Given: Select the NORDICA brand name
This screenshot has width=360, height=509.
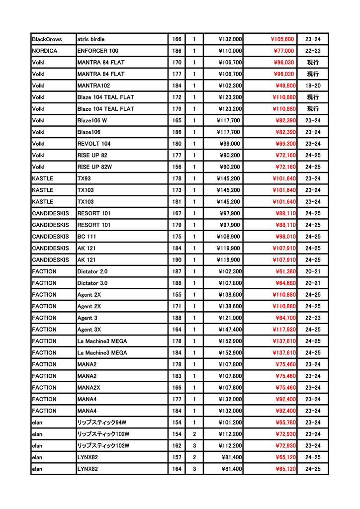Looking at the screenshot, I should [44, 51].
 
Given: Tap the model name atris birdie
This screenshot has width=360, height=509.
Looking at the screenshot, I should [91, 39].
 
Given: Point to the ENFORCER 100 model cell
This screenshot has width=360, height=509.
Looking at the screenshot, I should [98, 51].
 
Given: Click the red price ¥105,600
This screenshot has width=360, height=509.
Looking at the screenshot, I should [282, 39].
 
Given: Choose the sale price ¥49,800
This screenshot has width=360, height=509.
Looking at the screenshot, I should [285, 85].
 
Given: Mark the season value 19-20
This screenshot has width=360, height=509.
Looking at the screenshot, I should [313, 85].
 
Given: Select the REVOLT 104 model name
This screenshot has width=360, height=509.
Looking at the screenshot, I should [94, 144].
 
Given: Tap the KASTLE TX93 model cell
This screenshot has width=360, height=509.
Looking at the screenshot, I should [84, 178].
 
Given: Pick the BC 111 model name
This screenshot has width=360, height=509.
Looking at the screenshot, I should [87, 237].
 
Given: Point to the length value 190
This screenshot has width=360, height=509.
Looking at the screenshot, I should [177, 259].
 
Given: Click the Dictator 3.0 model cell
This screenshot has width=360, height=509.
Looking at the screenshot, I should [92, 283].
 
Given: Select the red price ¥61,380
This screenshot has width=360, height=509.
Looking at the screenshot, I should [285, 271].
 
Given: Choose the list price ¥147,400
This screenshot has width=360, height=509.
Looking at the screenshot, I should [229, 329].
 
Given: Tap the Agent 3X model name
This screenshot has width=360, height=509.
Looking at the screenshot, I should [90, 329].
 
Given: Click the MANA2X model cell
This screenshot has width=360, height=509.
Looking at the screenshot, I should [88, 387].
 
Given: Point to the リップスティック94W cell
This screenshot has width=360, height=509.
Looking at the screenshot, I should [101, 422].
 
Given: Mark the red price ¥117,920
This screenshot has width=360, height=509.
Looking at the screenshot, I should [283, 329].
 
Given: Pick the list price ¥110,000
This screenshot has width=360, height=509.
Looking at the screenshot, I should [229, 51].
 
